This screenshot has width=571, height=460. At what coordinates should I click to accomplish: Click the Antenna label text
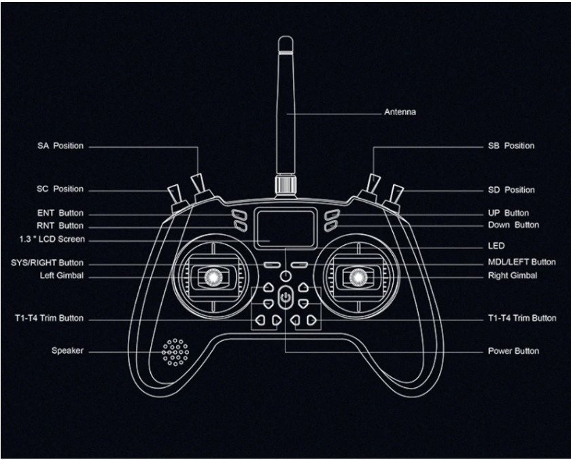pyautogui.click(x=400, y=112)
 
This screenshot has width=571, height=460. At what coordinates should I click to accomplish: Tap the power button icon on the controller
pyautogui.click(x=285, y=297)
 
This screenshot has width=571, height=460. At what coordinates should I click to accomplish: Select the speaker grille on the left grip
pyautogui.click(x=175, y=351)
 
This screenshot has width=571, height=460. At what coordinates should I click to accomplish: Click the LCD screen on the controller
pyautogui.click(x=285, y=229)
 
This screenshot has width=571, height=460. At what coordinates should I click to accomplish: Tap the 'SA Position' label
pyautogui.click(x=60, y=146)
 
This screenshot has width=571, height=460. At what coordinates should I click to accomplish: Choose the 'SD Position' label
pyautogui.click(x=511, y=190)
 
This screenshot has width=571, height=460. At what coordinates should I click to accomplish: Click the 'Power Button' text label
pyautogui.click(x=513, y=351)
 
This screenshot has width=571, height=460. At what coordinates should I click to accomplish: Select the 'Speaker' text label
pyautogui.click(x=68, y=351)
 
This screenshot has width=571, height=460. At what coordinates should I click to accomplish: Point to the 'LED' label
pyautogui.click(x=496, y=245)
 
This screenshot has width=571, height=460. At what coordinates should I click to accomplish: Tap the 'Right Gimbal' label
pyautogui.click(x=513, y=276)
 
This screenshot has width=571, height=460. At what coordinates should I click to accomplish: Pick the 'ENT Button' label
pyautogui.click(x=60, y=213)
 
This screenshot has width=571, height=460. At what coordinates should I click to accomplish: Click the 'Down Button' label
pyautogui.click(x=513, y=225)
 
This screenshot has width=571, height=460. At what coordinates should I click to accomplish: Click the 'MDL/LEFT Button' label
pyautogui.click(x=521, y=262)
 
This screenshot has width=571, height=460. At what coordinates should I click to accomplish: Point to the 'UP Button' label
pyautogui.click(x=508, y=213)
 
